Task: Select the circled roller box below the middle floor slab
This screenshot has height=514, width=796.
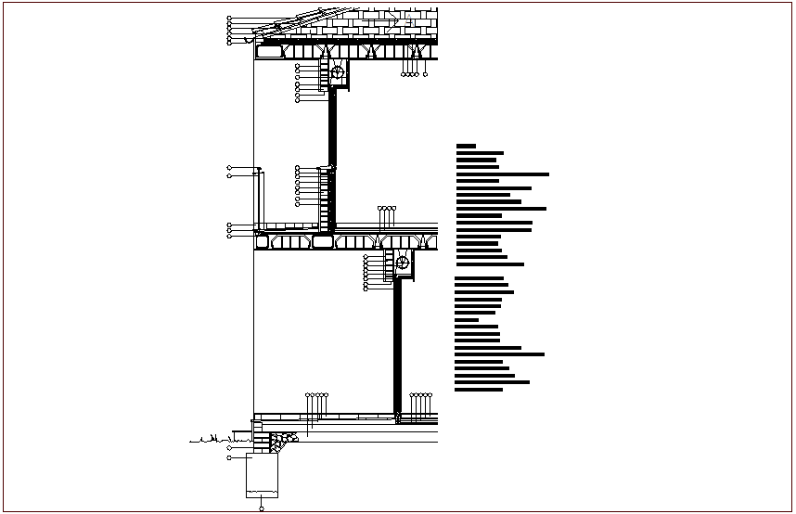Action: [x=403, y=263]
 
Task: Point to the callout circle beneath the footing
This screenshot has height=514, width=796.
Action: [x=262, y=508]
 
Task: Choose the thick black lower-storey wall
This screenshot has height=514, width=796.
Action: [x=397, y=343]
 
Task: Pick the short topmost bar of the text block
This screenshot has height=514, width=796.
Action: [x=466, y=146]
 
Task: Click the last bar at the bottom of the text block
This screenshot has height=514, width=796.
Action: [x=479, y=390]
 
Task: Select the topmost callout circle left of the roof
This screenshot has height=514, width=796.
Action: [x=229, y=18]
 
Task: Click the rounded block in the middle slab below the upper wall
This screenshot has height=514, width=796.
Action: [x=323, y=242]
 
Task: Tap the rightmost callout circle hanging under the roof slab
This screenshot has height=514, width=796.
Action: [x=427, y=75]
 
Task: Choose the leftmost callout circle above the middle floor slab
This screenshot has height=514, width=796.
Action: [x=379, y=209]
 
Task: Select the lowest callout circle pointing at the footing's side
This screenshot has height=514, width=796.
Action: [x=229, y=458]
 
